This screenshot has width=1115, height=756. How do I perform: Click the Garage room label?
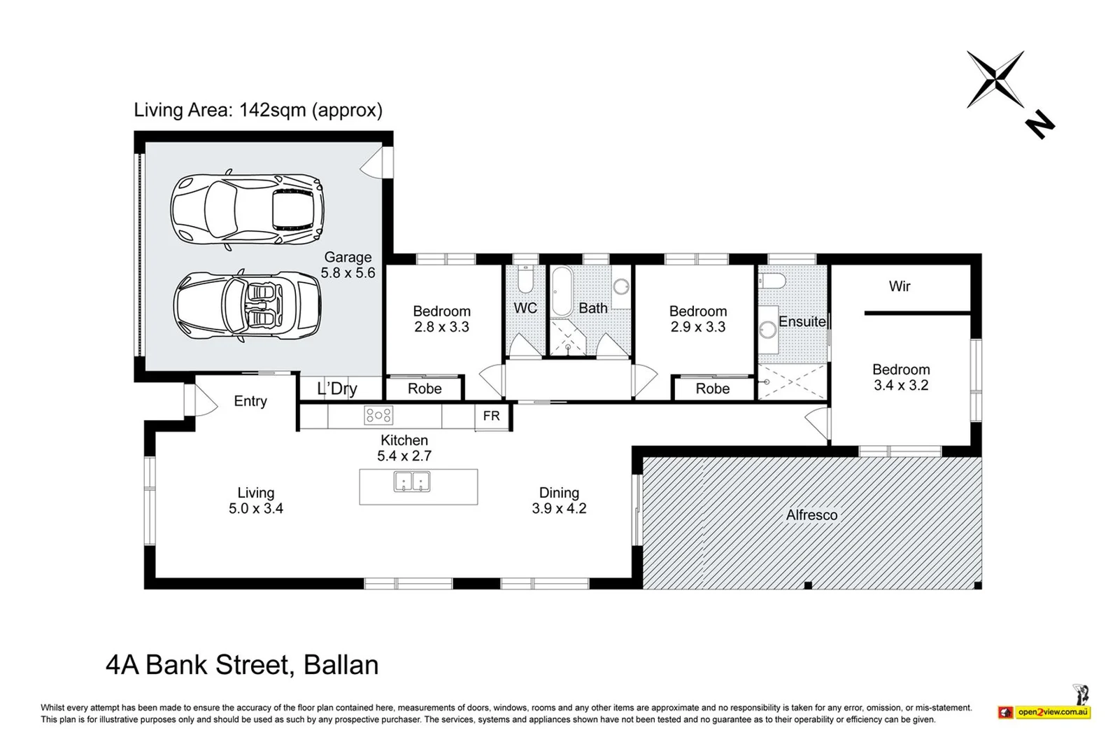coord(348,258)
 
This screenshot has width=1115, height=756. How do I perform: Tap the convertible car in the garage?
coord(248,306)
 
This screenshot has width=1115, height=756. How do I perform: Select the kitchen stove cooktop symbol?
coord(378,415)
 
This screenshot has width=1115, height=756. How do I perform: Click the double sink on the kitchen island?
coord(411,482)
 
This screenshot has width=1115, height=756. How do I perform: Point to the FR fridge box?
coord(491,416)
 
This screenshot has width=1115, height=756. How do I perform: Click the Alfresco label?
coord(811,515)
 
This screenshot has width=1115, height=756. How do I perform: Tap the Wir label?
coord(900,286)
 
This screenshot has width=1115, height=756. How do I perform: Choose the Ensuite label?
coord(802,322)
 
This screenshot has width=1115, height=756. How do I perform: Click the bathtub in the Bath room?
coord(562,292)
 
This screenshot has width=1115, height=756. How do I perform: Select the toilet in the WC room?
coord(525,279)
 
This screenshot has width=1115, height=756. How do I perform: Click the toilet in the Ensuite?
coord(772,281)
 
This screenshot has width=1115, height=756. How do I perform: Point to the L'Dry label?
coord(337,388)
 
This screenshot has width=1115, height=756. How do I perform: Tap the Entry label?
coord(250,401)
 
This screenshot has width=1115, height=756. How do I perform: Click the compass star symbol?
coord(995,79)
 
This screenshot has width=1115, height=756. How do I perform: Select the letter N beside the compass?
coord(1040,125)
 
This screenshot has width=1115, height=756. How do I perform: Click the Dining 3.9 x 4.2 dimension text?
coord(559,508)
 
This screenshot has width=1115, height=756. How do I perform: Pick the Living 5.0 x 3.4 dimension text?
coord(256,508)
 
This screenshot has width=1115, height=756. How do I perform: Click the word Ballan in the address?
coord(341,665)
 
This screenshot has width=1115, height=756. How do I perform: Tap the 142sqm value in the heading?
coord(272,110)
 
